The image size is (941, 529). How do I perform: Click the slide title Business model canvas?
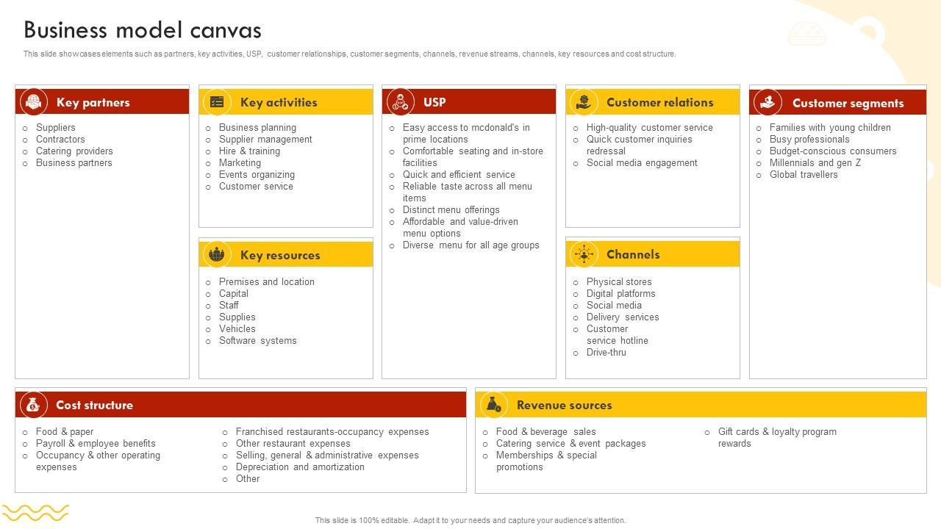[x=143, y=30]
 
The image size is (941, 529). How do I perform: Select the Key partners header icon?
[x=33, y=102]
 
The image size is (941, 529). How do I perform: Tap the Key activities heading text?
[x=279, y=103]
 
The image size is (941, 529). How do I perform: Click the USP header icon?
[x=400, y=101]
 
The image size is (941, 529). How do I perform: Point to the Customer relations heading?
[x=659, y=103]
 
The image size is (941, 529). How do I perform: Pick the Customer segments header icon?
[x=768, y=102]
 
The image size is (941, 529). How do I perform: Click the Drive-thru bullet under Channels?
[x=606, y=353]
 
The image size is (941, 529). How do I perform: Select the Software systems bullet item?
[x=257, y=341]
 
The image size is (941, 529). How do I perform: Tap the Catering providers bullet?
[x=74, y=151]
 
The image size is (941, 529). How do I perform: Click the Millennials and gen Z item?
[x=815, y=163]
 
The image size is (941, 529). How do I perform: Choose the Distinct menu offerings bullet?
[x=451, y=210]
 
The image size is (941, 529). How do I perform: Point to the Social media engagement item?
[x=642, y=163]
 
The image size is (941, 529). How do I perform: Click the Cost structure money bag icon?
[x=33, y=405]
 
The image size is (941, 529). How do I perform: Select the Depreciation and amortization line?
[x=300, y=467]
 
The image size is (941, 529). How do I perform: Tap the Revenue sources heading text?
[x=564, y=406]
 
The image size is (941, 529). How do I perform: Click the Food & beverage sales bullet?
[x=545, y=432]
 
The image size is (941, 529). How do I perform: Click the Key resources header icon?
[x=216, y=255]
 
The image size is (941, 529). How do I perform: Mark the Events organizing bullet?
[x=257, y=175]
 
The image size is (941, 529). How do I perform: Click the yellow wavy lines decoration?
[x=35, y=512]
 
